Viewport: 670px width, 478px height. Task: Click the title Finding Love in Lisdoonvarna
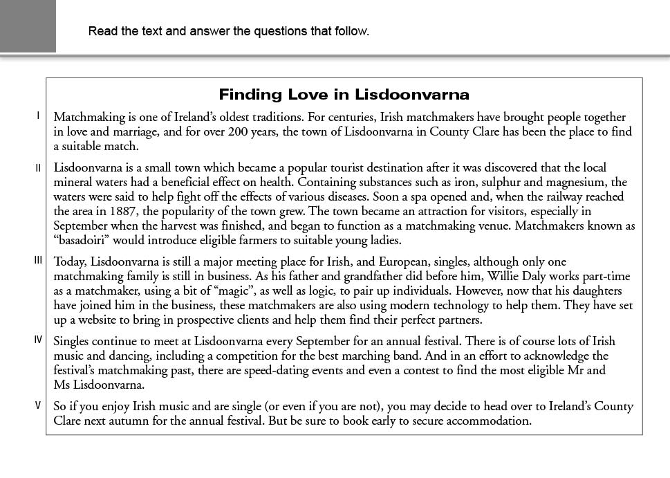click(x=344, y=95)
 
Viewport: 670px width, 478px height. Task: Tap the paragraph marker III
click(x=38, y=261)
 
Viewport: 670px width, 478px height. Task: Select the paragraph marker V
click(x=39, y=405)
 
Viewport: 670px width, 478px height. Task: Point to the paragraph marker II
click(x=39, y=167)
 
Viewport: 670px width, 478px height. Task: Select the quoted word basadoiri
click(x=89, y=241)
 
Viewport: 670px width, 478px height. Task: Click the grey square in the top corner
click(x=28, y=26)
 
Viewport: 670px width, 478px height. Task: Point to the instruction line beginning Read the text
click(x=229, y=31)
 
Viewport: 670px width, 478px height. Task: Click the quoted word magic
click(x=216, y=291)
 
